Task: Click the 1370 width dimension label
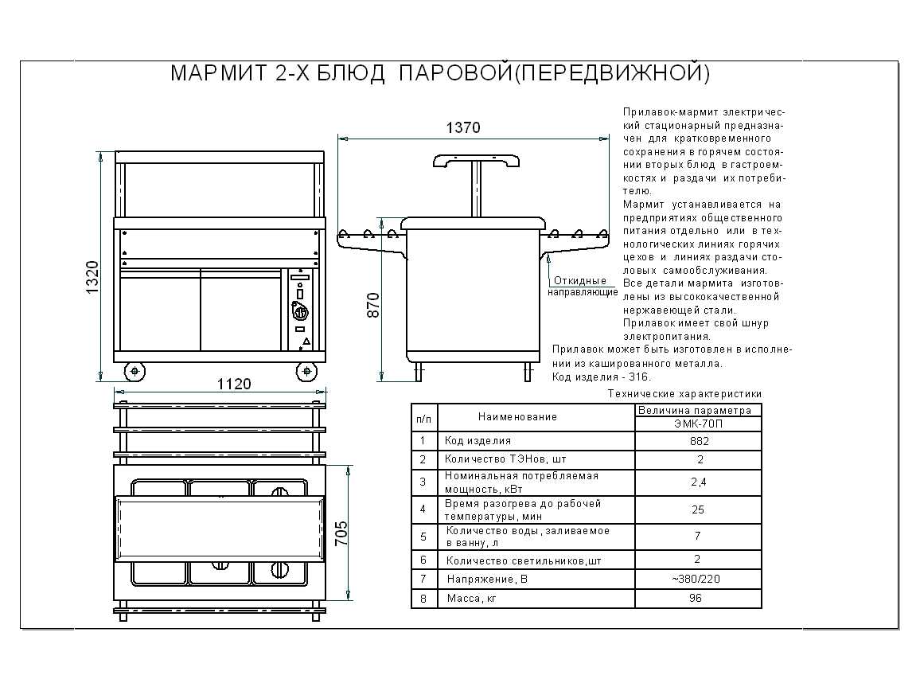[463, 127]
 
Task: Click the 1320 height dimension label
[92, 277]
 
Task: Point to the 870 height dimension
[373, 305]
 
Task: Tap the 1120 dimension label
[234, 384]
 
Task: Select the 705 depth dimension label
[341, 533]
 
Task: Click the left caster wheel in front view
[135, 371]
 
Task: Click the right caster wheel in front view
[306, 371]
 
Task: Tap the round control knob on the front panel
[300, 309]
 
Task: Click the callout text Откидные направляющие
[583, 286]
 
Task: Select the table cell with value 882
[699, 441]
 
